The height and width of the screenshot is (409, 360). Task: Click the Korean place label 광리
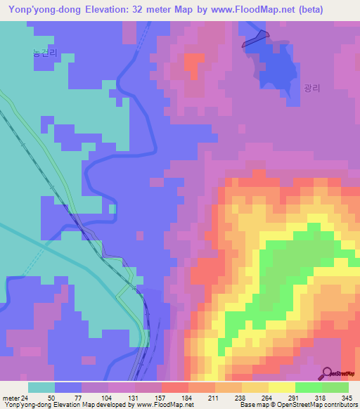[311, 89]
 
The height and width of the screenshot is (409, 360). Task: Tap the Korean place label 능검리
[45, 53]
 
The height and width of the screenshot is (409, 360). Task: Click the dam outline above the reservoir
[255, 39]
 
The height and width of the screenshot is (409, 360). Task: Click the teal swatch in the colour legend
[41, 387]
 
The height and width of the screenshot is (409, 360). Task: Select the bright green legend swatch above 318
[309, 387]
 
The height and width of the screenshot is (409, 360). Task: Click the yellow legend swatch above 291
[282, 387]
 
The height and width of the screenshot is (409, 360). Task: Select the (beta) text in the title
[333, 10]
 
